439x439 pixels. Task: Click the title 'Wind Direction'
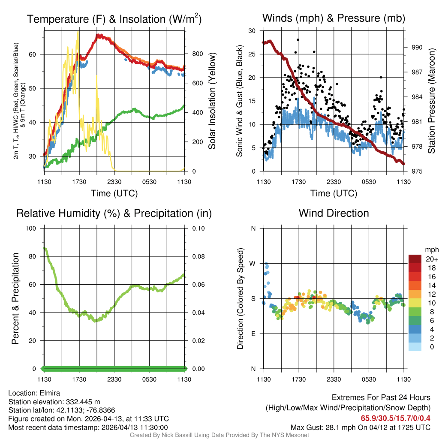[x=334, y=213]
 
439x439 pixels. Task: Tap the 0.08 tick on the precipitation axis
[x=198, y=256]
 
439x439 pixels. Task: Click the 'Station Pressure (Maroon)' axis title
[x=432, y=101]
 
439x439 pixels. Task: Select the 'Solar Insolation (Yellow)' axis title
[x=212, y=101]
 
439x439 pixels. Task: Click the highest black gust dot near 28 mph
[x=298, y=39]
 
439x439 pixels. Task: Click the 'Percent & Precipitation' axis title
[x=15, y=298]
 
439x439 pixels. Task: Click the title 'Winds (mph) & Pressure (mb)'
[x=334, y=18]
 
